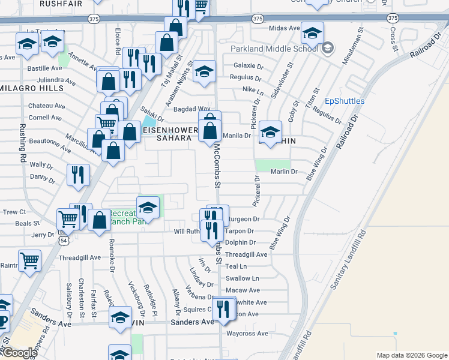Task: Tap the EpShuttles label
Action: [345, 101]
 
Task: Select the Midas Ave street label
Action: [285, 28]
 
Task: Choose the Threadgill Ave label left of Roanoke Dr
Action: [80, 257]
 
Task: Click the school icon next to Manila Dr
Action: [271, 131]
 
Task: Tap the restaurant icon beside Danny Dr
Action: [78, 175]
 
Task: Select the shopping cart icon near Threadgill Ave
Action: [29, 260]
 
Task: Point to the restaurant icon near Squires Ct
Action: [223, 310]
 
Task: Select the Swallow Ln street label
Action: [242, 278]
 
